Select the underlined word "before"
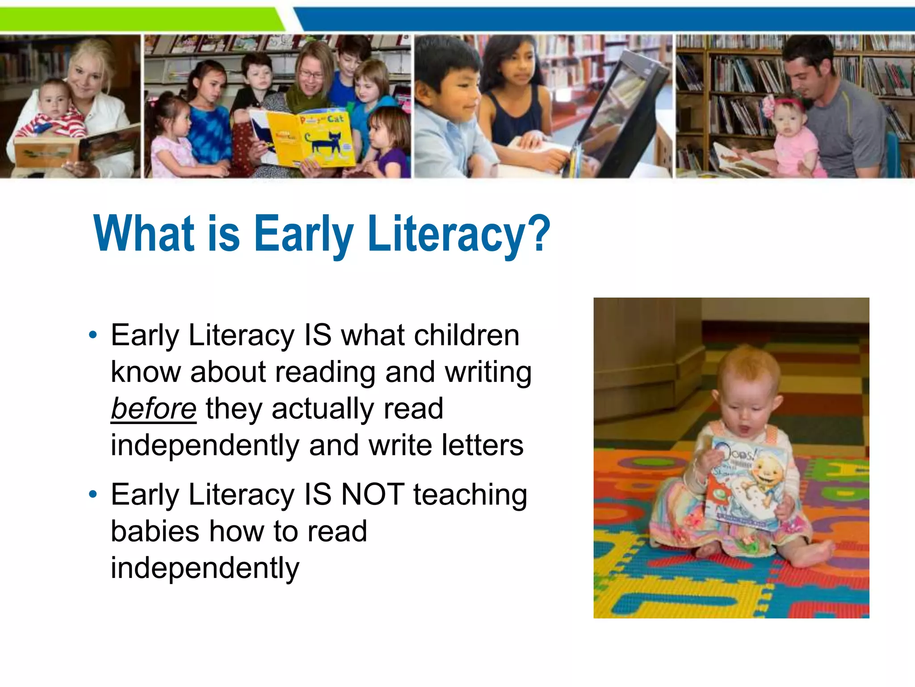click(153, 409)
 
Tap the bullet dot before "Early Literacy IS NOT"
click(92, 494)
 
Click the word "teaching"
click(470, 496)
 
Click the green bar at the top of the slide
click(139, 20)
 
